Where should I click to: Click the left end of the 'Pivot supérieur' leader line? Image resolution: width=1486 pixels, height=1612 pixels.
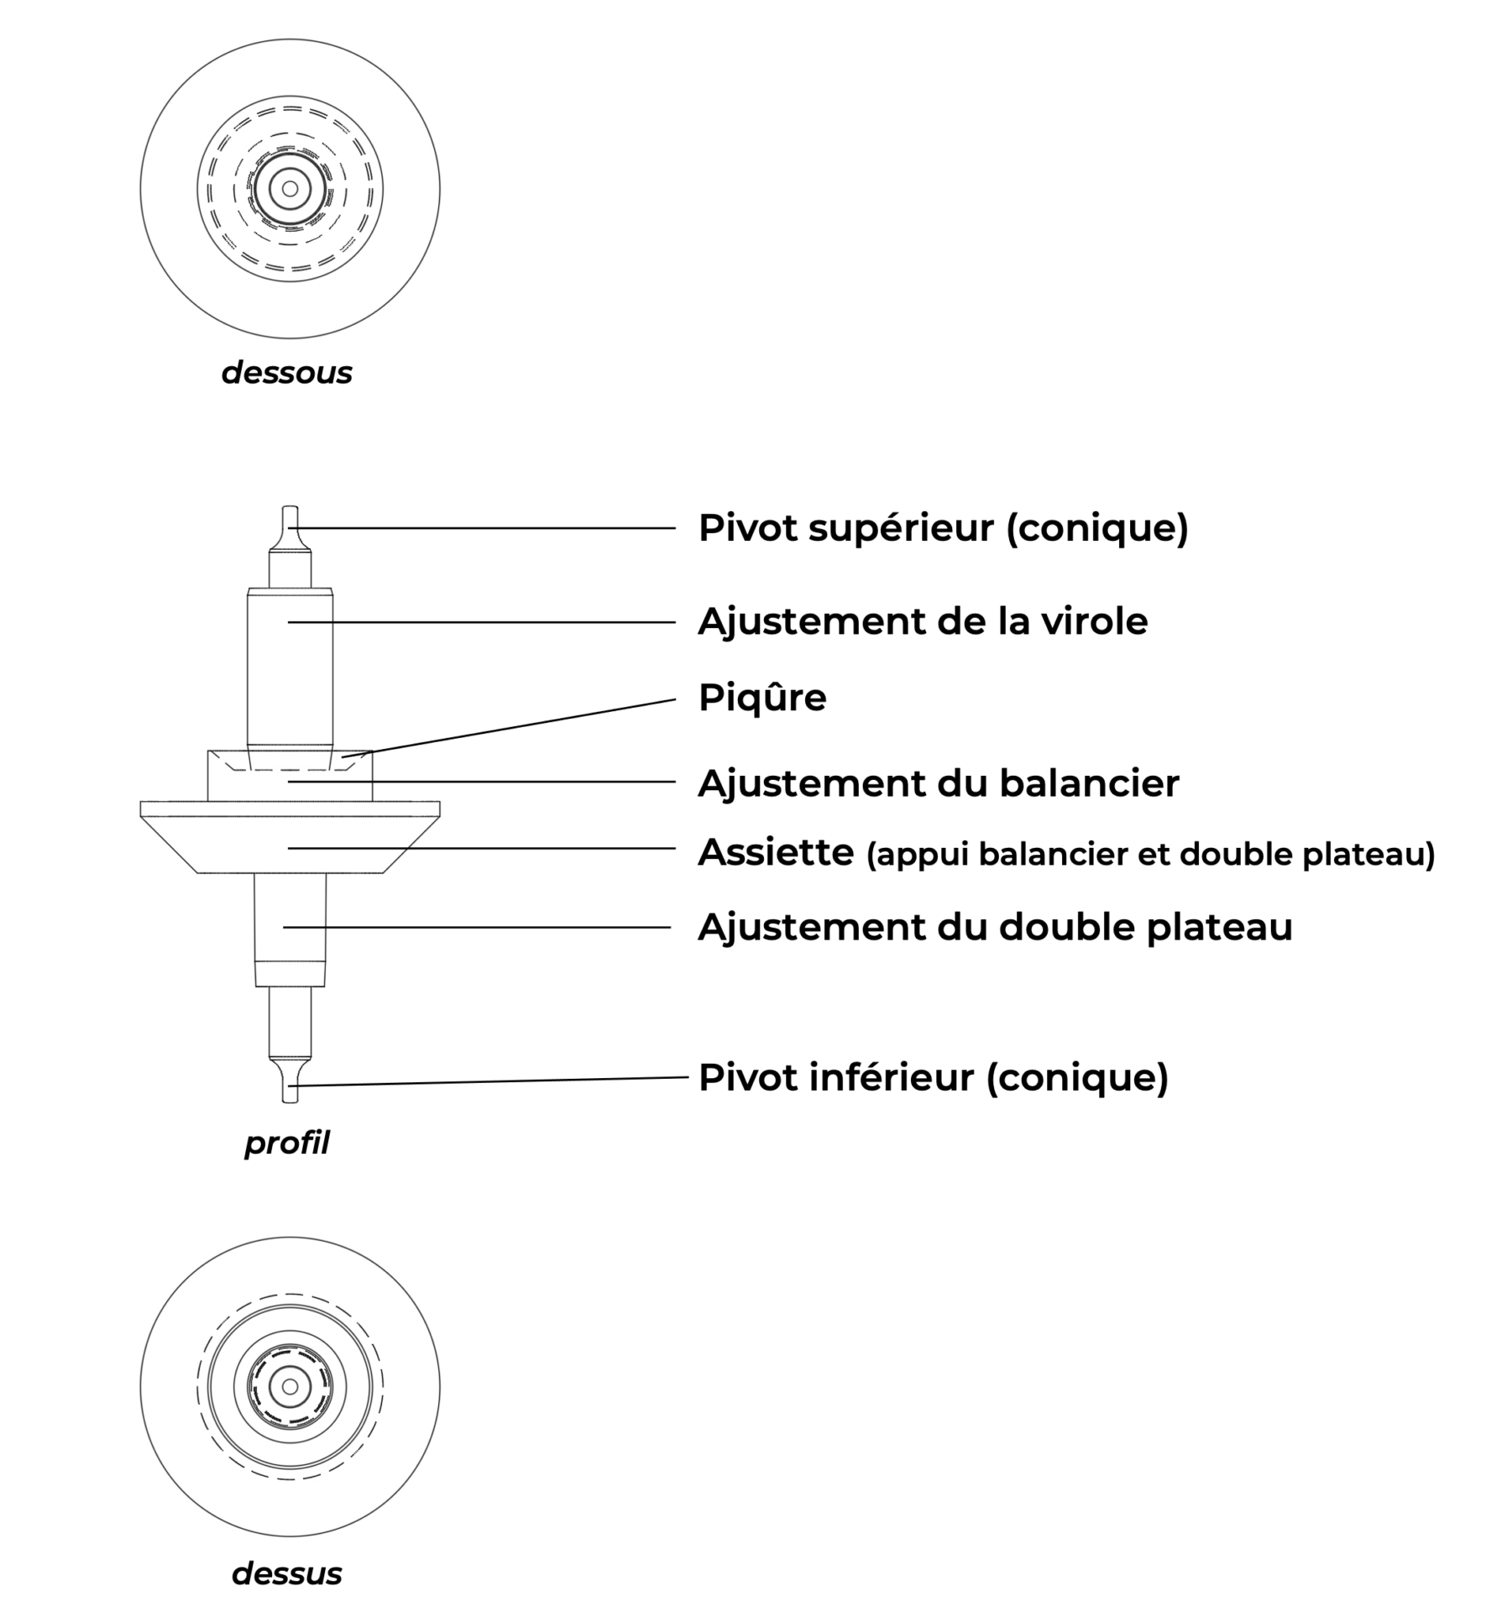(290, 528)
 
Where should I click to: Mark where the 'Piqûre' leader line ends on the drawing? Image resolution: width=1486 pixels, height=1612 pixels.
(343, 758)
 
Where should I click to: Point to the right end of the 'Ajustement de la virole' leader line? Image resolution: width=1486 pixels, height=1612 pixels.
(676, 622)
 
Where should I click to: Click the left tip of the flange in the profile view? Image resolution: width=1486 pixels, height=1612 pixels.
(140, 809)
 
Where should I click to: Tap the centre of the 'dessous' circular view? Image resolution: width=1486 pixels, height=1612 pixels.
(290, 189)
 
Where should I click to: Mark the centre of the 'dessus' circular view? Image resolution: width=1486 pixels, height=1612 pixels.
(290, 1386)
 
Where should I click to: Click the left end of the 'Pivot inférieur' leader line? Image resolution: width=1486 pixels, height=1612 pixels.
(290, 1086)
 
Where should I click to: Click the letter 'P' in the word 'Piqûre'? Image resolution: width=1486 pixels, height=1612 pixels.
(709, 698)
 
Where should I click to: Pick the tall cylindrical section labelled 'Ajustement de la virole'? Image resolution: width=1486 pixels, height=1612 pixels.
(290, 667)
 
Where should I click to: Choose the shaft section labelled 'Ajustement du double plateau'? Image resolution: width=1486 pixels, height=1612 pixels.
(290, 929)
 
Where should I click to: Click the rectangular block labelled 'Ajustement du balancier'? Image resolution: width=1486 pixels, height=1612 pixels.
(290, 775)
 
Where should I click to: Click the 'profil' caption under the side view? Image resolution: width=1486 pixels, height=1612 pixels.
(287, 1144)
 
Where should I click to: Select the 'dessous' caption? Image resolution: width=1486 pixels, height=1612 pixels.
(287, 373)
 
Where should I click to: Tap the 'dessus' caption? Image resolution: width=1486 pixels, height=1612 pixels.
(287, 1573)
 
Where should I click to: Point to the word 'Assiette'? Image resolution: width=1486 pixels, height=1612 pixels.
(777, 852)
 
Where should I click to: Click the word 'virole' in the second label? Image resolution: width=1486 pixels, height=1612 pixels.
(1095, 622)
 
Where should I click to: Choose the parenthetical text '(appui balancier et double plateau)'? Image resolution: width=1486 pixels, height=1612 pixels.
(1151, 855)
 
